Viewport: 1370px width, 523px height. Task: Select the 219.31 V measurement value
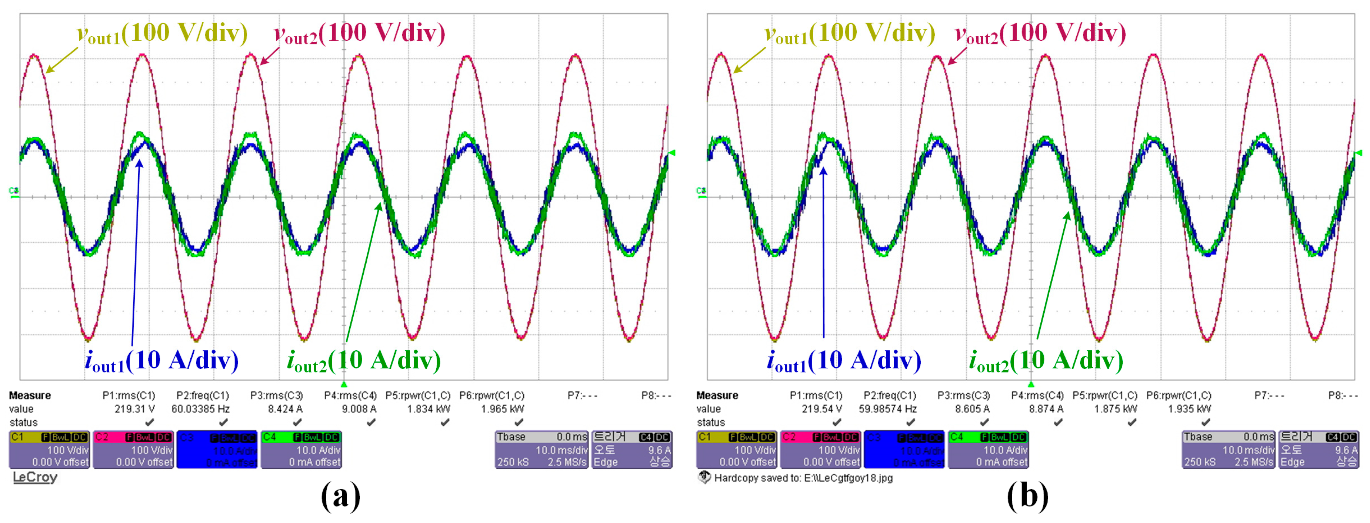pyautogui.click(x=134, y=408)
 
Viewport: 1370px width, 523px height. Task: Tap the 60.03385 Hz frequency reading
pyautogui.click(x=200, y=408)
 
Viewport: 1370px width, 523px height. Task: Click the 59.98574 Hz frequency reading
pyautogui.click(x=888, y=408)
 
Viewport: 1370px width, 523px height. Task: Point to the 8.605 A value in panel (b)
pyautogui.click(x=972, y=408)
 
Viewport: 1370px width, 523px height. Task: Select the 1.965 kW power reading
pyautogui.click(x=503, y=408)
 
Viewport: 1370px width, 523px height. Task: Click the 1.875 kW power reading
pyautogui.click(x=1116, y=408)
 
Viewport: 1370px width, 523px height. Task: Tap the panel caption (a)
pyautogui.click(x=341, y=496)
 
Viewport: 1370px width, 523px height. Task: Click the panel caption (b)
pyautogui.click(x=1027, y=496)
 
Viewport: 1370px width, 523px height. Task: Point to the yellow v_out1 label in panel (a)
pyautogui.click(x=163, y=33)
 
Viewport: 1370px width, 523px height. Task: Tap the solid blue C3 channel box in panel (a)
pyautogui.click(x=217, y=450)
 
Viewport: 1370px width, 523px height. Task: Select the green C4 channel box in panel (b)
pyautogui.click(x=988, y=450)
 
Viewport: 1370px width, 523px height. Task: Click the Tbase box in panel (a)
pyautogui.click(x=541, y=450)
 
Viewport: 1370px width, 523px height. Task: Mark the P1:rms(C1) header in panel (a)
pyautogui.click(x=129, y=395)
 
